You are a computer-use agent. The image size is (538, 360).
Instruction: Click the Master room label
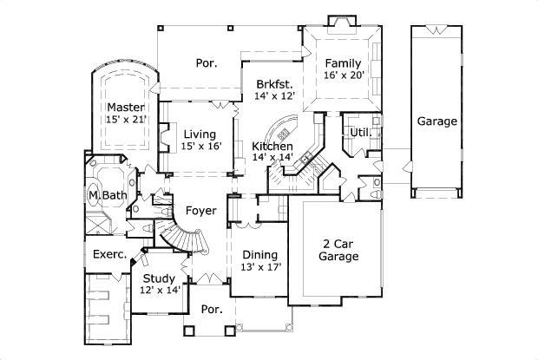click(125, 107)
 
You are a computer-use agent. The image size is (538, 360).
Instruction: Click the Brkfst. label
click(273, 84)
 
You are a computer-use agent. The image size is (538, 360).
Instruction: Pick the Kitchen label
click(272, 146)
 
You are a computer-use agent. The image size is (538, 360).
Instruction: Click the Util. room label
click(359, 132)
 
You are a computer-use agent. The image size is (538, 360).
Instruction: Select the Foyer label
click(200, 210)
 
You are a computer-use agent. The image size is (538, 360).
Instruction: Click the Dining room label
click(259, 255)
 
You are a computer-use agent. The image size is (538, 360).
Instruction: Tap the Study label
click(160, 278)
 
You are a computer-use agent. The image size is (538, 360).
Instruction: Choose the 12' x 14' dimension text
click(160, 291)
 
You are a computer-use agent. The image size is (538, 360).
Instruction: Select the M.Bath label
click(108, 195)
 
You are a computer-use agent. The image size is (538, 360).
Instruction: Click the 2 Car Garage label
click(338, 251)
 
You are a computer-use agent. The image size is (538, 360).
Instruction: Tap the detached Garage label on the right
click(436, 121)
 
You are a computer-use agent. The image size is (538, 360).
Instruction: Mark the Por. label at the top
click(206, 63)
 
